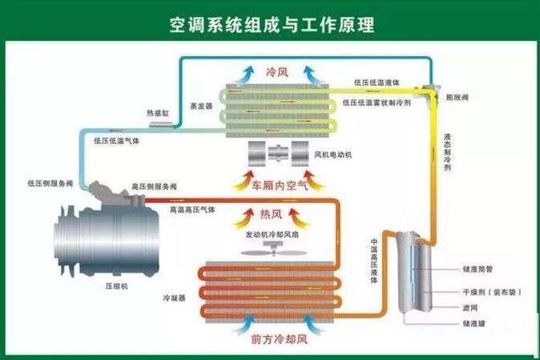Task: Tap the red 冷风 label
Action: click(x=276, y=71)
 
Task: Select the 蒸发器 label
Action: click(x=201, y=106)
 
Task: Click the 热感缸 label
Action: click(x=158, y=114)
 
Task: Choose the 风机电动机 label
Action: click(x=336, y=154)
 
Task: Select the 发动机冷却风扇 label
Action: click(x=274, y=235)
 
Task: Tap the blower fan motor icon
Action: click(x=276, y=153)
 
